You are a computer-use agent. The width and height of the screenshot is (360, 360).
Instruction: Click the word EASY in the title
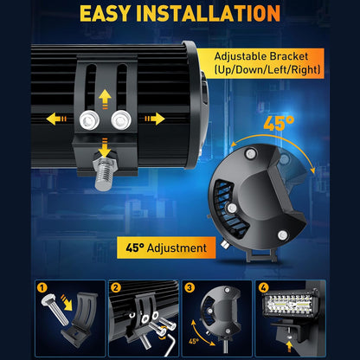pos(105,13)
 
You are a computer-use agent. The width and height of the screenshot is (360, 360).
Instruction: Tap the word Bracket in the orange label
pos(289,56)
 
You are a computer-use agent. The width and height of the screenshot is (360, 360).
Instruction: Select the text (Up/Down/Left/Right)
pos(267,70)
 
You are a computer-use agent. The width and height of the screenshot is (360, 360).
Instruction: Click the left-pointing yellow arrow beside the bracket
pos(56,119)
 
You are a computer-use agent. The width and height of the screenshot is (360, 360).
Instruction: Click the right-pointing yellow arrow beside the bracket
pos(155,119)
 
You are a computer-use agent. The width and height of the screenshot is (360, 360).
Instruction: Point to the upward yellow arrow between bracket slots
pos(105,99)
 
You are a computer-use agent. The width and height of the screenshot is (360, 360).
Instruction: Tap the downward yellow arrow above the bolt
pos(105,148)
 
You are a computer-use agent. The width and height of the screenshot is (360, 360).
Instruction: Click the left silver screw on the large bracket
pos(89,120)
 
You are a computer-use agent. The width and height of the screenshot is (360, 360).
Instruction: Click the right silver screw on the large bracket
pos(121,120)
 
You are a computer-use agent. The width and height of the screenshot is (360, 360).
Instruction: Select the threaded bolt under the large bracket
pos(104,172)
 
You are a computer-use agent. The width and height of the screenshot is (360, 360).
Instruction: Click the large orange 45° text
pos(279,123)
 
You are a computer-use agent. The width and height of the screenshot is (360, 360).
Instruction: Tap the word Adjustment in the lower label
pos(177,248)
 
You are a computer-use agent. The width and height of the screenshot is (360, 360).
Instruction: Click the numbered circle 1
pos(42,287)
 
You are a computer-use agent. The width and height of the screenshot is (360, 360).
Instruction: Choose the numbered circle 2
pos(116,287)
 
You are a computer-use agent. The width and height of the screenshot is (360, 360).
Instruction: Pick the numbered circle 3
pos(190,287)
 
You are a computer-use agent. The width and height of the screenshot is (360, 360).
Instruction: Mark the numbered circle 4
pos(263,287)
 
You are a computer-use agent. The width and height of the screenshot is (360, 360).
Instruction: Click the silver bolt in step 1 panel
pos(55,310)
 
